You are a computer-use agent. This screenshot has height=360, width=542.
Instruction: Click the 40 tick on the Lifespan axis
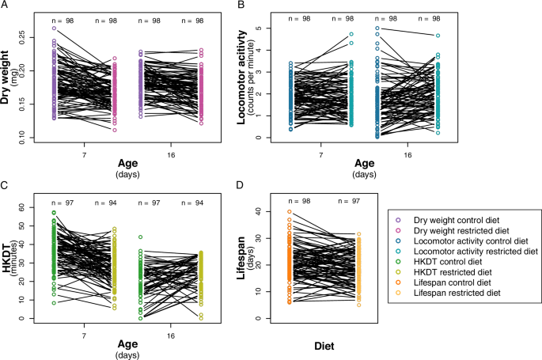262,211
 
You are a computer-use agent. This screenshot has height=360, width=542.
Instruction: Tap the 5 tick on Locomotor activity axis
262,28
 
